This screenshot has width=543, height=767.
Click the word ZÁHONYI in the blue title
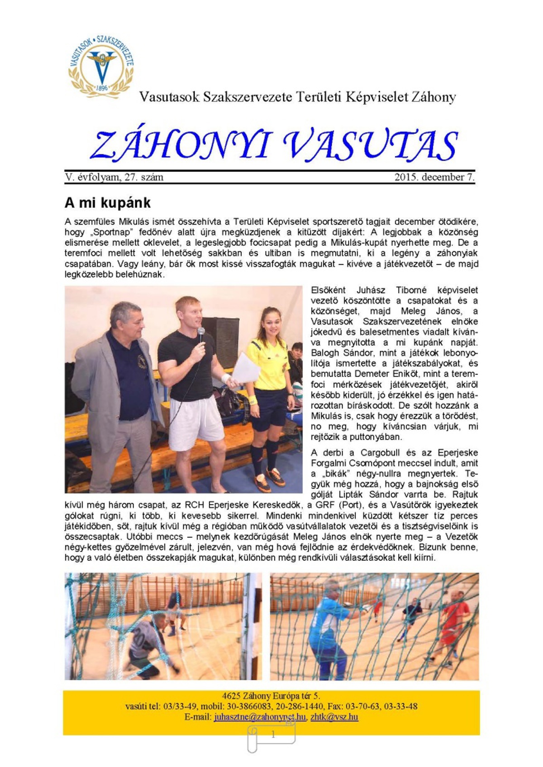tap(181, 146)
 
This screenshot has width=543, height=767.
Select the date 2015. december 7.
tap(434, 177)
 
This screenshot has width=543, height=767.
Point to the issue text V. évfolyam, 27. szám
tap(114, 177)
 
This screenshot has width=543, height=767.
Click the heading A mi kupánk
tap(108, 203)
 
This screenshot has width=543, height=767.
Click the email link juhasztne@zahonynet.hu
tap(260, 717)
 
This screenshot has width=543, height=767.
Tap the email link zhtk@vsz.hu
tap(334, 717)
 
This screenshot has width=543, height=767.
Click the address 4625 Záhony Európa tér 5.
tap(271, 696)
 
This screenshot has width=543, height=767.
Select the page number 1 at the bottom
tap(272, 735)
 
